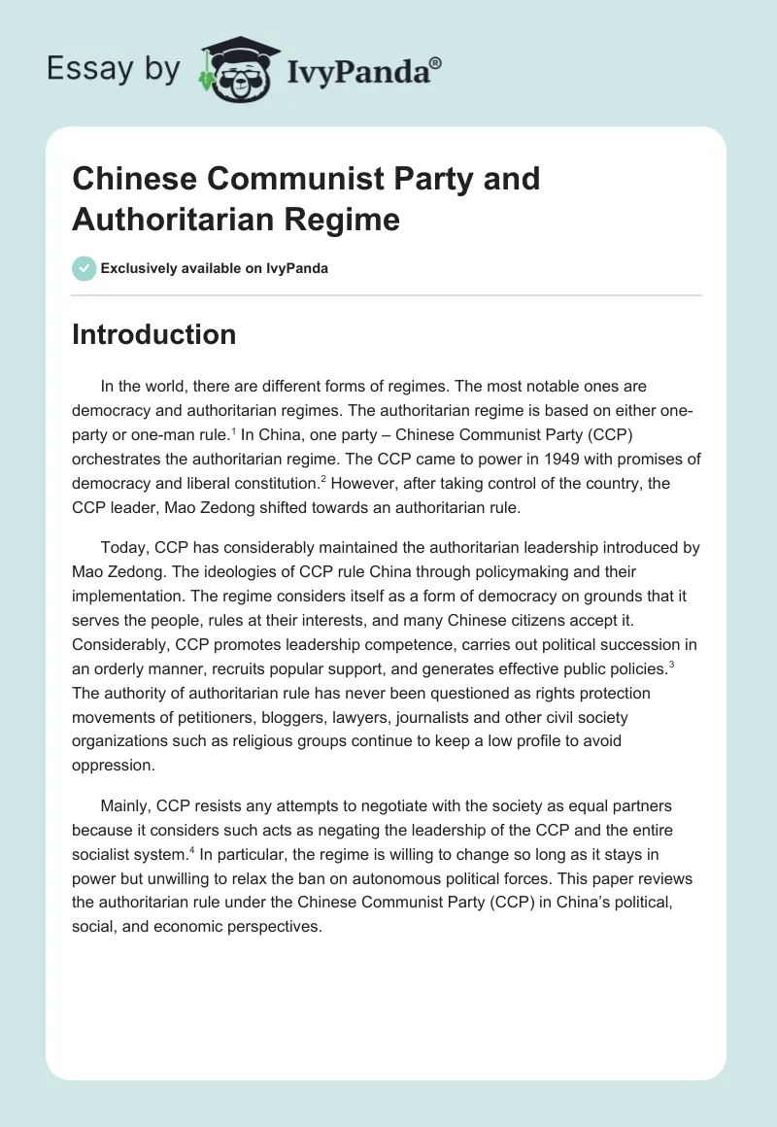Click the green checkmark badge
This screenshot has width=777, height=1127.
click(84, 268)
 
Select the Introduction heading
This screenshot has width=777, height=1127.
click(154, 334)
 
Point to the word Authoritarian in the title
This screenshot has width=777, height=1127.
click(170, 219)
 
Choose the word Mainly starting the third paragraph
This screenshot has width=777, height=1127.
click(124, 805)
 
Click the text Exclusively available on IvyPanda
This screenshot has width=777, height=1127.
click(215, 269)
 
